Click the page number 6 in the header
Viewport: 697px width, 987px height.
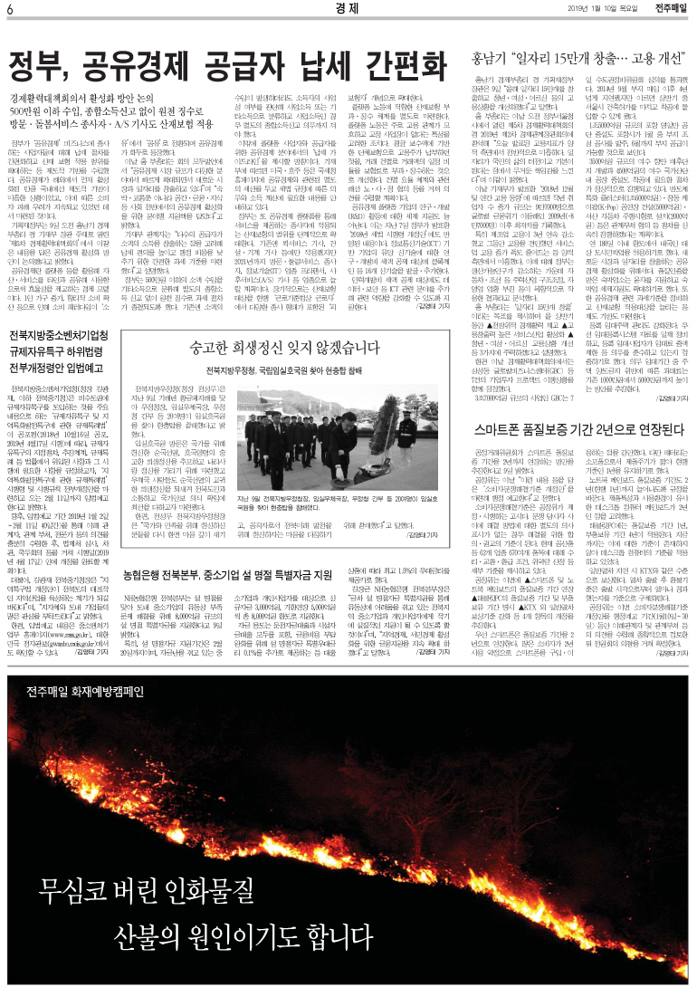(x=10, y=10)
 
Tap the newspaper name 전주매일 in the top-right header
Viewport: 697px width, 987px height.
(x=669, y=9)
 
